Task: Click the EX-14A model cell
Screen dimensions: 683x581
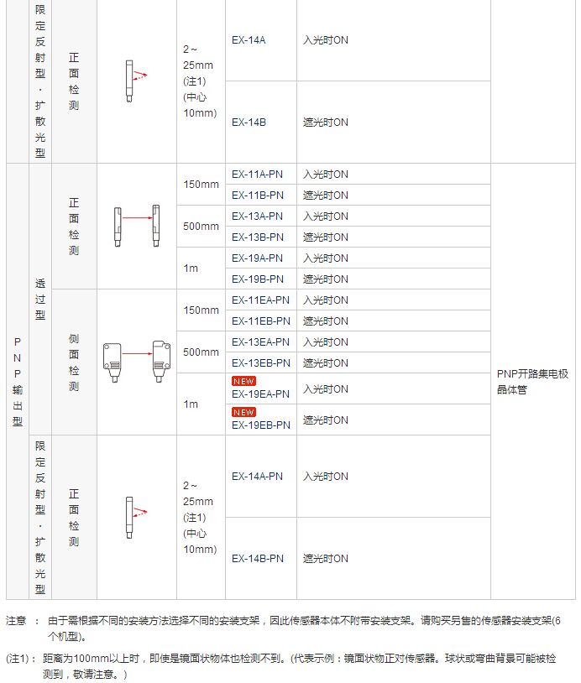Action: tap(249, 40)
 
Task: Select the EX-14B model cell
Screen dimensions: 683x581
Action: tap(249, 123)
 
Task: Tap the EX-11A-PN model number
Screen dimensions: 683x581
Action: tap(257, 175)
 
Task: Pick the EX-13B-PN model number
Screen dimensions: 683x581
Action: tap(257, 237)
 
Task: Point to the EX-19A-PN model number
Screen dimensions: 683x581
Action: tap(257, 258)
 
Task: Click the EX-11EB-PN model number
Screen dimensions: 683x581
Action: tap(260, 321)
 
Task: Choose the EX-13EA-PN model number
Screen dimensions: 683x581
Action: tap(260, 342)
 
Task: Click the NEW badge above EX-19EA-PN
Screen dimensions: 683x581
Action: tap(243, 381)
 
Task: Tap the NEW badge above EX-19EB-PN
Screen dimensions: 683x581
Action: tap(243, 412)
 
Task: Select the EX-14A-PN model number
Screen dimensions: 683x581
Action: tap(257, 477)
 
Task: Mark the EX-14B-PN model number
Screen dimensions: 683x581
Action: tap(257, 559)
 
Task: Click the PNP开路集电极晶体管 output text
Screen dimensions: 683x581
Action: tap(532, 382)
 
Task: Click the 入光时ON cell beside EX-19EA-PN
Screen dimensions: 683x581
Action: tap(325, 389)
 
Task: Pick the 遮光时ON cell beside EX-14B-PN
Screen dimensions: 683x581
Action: tap(325, 559)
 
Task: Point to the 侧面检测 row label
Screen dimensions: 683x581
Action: tap(74, 362)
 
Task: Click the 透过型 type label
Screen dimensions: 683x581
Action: tap(40, 300)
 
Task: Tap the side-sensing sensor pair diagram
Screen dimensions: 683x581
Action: tap(137, 362)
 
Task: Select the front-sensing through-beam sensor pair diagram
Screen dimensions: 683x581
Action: tap(137, 226)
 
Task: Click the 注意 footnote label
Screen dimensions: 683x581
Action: tap(17, 622)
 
